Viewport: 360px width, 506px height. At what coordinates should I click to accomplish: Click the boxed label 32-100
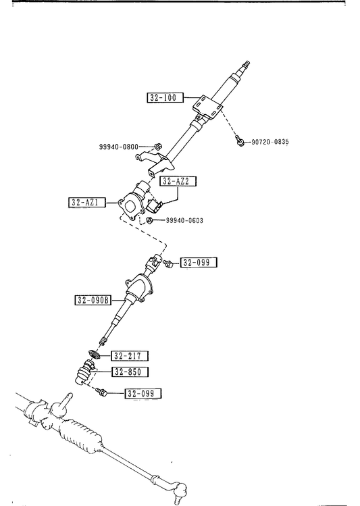[165, 97]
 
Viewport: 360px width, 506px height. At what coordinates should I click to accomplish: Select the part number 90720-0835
[270, 142]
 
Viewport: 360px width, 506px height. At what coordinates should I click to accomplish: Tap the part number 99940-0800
[118, 147]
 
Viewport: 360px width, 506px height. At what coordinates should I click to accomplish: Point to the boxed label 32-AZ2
[178, 181]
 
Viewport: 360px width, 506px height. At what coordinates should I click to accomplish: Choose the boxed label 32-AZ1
[86, 203]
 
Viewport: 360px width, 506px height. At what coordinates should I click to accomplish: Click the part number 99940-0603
[184, 220]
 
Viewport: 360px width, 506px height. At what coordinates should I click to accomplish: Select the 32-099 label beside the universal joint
[199, 262]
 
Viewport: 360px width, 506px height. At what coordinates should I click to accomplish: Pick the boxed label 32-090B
[93, 300]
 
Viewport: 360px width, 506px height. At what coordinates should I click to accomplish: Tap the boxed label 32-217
[130, 355]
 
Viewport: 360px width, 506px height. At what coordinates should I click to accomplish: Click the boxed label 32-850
[130, 372]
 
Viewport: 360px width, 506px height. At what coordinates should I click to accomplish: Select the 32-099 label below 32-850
[143, 393]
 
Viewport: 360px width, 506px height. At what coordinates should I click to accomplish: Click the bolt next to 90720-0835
[239, 141]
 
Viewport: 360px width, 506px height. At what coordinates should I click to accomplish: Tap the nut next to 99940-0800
[158, 146]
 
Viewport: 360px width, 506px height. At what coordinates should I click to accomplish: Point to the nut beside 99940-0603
[149, 220]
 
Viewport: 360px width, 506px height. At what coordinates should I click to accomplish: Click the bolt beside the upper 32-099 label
[168, 263]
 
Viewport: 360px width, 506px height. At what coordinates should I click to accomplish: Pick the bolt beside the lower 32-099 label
[101, 393]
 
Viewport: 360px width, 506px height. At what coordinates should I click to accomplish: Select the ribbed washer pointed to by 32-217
[94, 355]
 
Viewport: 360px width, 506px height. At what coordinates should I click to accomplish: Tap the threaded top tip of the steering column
[246, 64]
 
